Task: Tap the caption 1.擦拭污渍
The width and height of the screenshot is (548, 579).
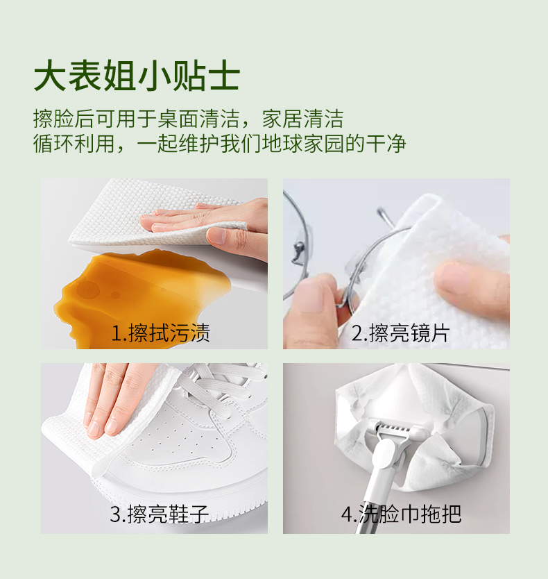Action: tap(160, 333)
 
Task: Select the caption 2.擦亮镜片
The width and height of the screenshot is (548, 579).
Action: tap(400, 333)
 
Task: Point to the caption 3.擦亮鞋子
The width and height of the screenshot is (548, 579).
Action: tap(159, 514)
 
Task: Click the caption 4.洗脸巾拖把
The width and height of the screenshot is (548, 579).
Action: tap(400, 514)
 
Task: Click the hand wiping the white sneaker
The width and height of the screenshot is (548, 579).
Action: tap(114, 399)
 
